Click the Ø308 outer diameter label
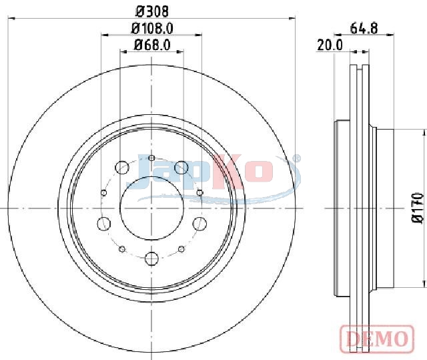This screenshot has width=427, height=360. coord(152,11)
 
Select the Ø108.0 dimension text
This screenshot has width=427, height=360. coord(152,28)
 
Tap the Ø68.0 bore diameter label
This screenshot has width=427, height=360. coord(152,45)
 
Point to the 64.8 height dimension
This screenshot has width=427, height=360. coord(364,28)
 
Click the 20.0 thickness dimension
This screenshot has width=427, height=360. coord(330,45)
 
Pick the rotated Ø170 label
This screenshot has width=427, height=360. coord(418,208)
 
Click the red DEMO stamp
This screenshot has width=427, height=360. coord(378,339)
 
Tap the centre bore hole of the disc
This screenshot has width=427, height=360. coord(151,208)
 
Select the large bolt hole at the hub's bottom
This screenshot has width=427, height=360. coord(151,258)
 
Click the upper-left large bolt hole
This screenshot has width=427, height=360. coord(121,168)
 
